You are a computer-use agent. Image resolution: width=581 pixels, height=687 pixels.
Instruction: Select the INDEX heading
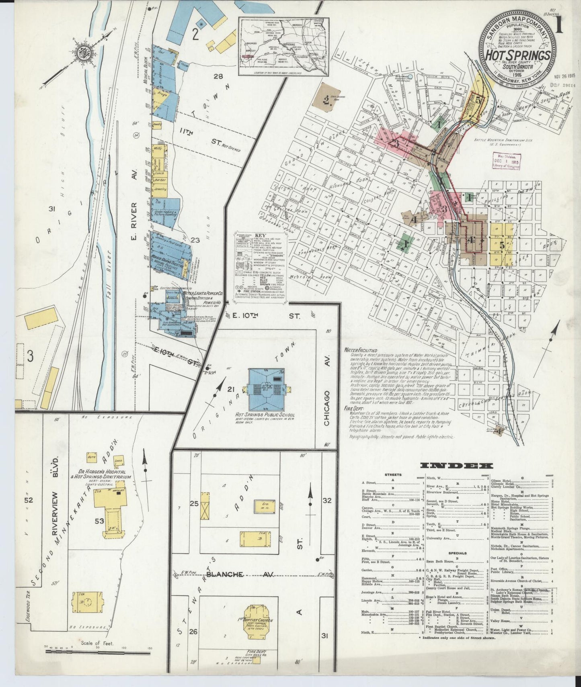coord(456,466)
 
